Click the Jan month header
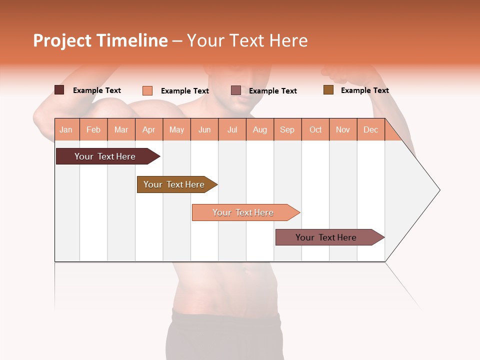click(x=66, y=129)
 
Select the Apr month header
click(x=149, y=129)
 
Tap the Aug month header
click(x=260, y=129)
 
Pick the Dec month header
click(x=371, y=129)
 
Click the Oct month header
click(x=315, y=129)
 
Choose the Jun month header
click(x=204, y=129)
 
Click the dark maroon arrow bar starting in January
click(x=105, y=156)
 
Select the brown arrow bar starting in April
click(x=174, y=184)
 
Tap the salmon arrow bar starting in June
click(x=243, y=212)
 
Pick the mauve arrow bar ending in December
click(x=326, y=237)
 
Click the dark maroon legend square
click(x=59, y=90)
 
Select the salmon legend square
click(x=147, y=90)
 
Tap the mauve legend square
click(x=236, y=90)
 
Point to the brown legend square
click(x=328, y=90)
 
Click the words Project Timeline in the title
click(x=100, y=40)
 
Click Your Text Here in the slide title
click(x=247, y=40)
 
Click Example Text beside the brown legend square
click(x=364, y=90)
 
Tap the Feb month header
click(x=93, y=129)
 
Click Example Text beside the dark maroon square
click(x=96, y=90)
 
